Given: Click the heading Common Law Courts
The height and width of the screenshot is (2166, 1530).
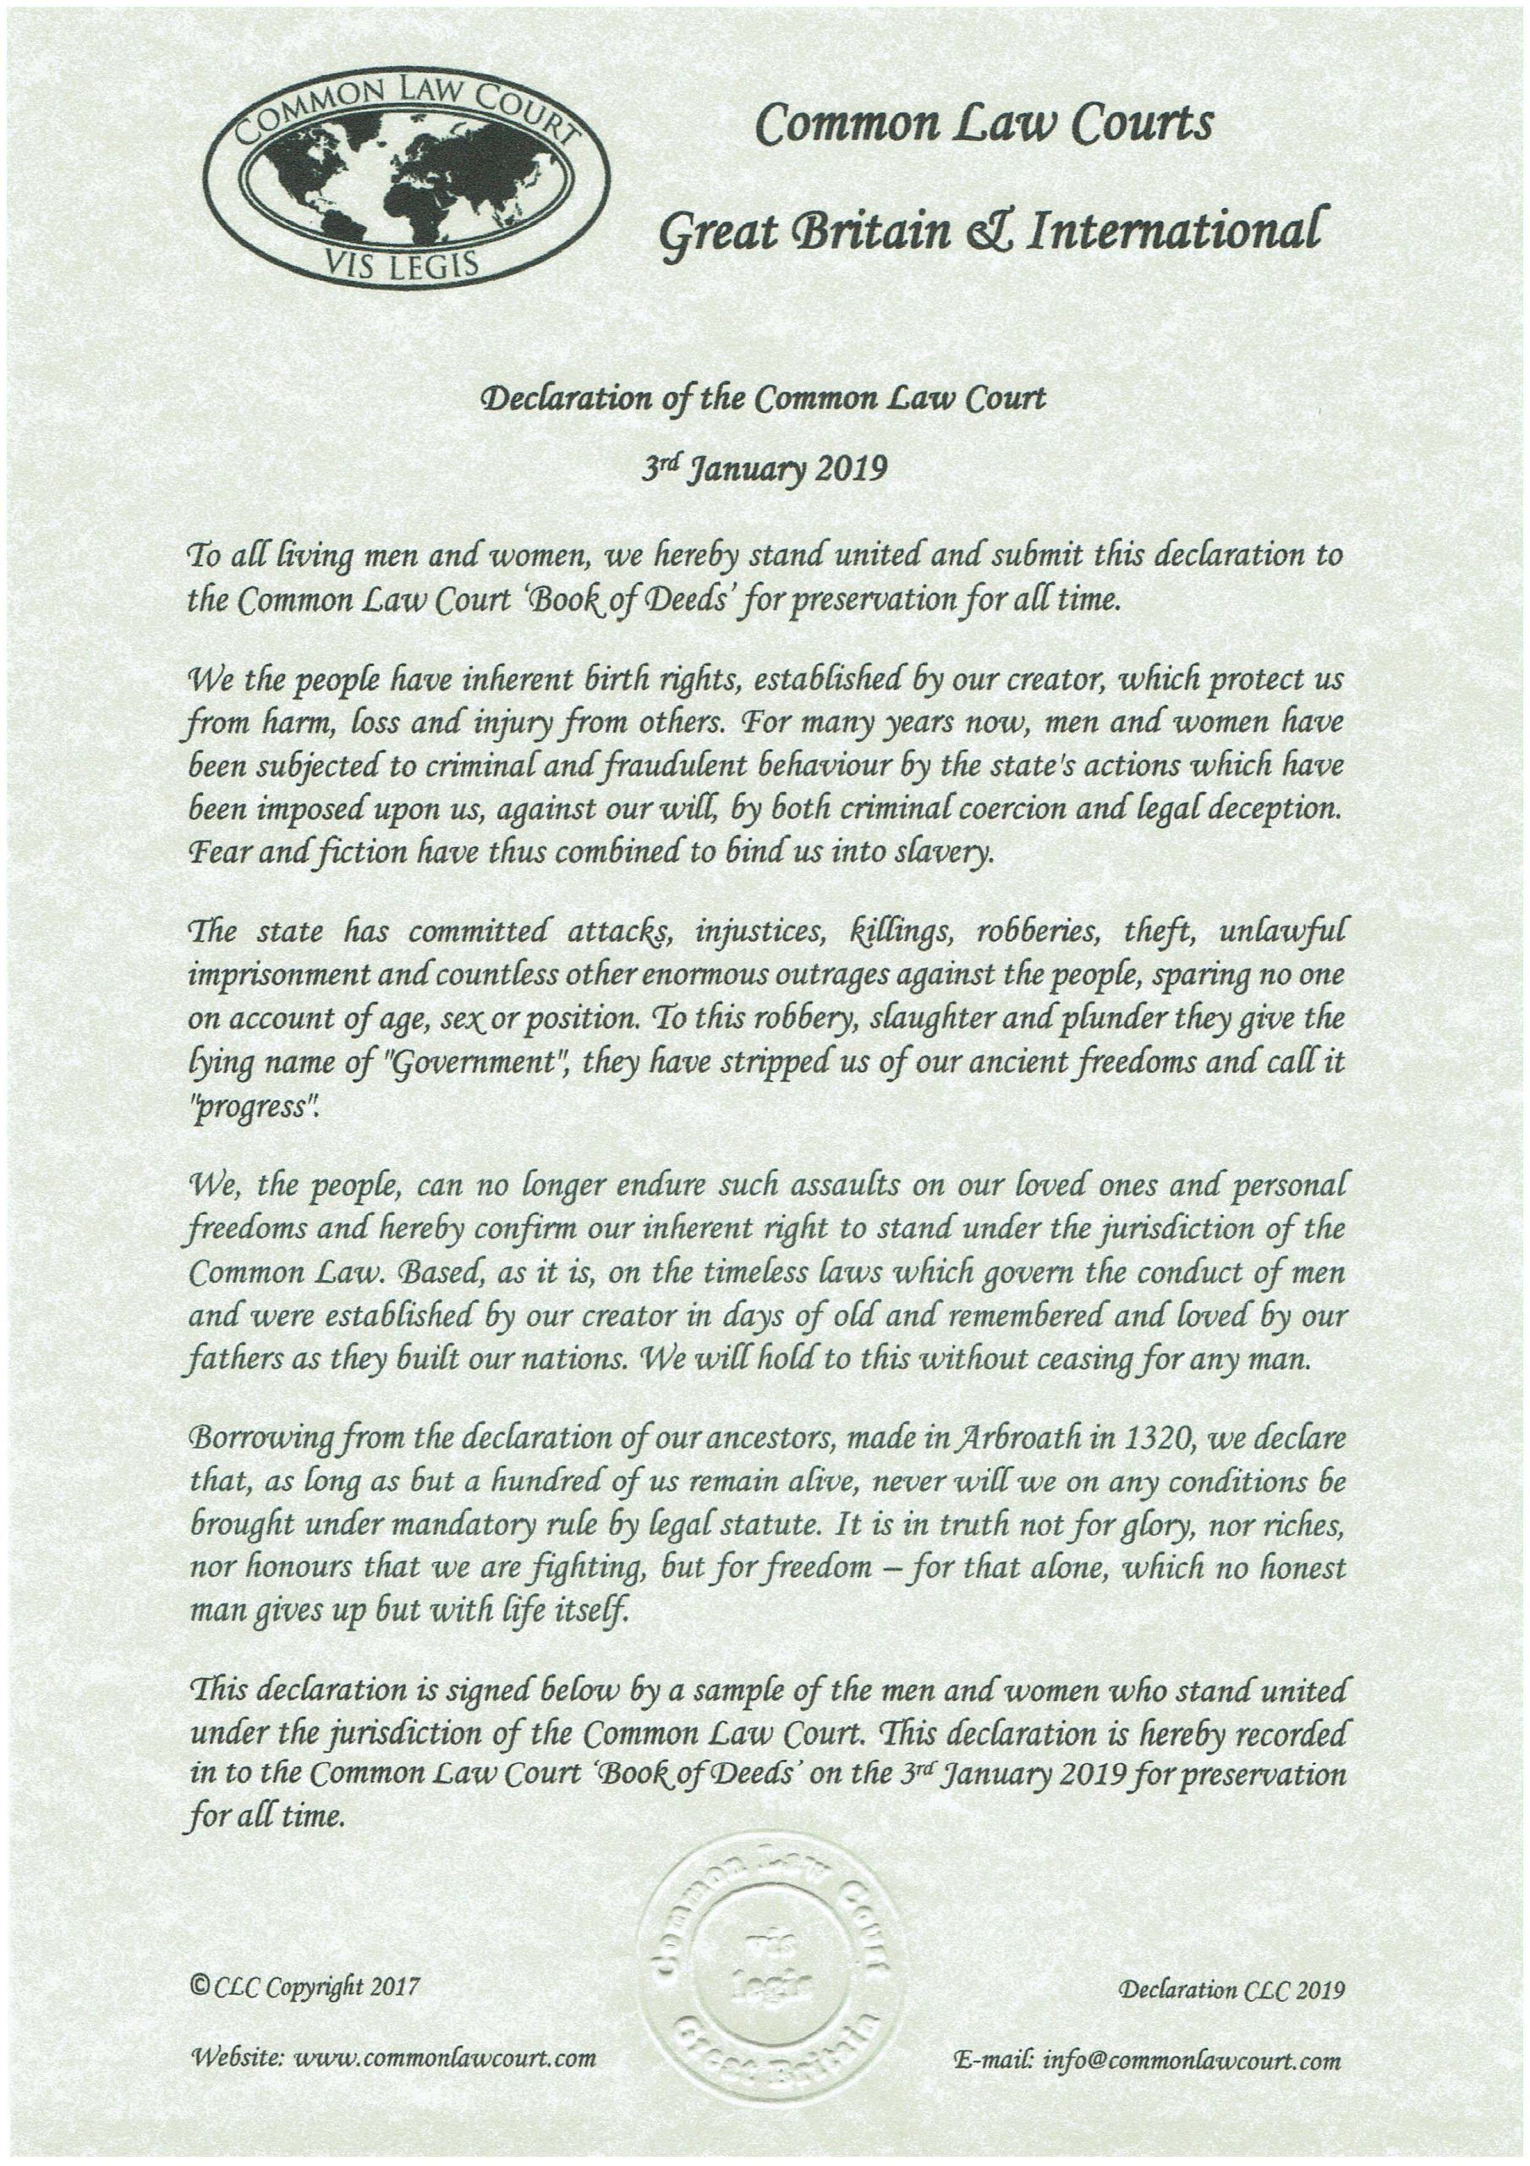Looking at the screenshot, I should pos(984,126).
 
